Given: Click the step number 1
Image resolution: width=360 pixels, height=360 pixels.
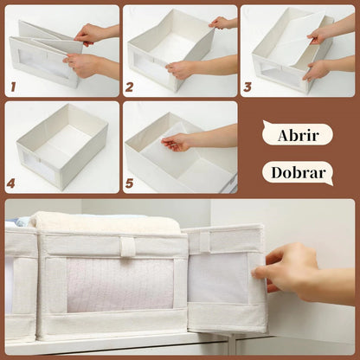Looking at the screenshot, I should [x=13, y=87].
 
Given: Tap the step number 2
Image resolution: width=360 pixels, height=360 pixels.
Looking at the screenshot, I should [x=130, y=87].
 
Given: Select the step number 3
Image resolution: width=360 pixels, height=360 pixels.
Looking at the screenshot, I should [x=247, y=87].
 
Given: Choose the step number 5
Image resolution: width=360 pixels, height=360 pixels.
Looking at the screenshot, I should [x=130, y=183].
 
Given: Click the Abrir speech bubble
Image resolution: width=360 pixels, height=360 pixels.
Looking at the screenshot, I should [x=297, y=134].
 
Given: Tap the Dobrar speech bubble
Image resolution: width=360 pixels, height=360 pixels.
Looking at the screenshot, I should [x=297, y=172].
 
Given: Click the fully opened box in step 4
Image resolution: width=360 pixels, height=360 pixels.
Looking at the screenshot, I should [x=62, y=145].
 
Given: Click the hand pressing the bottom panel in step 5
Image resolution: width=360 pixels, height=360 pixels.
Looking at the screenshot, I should [x=177, y=141].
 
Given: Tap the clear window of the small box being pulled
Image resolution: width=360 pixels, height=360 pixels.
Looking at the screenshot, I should [x=219, y=277].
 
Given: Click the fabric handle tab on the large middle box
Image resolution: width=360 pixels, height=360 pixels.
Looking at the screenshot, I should [x=128, y=246].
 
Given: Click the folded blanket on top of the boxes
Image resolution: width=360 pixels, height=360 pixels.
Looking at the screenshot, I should [x=104, y=222].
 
